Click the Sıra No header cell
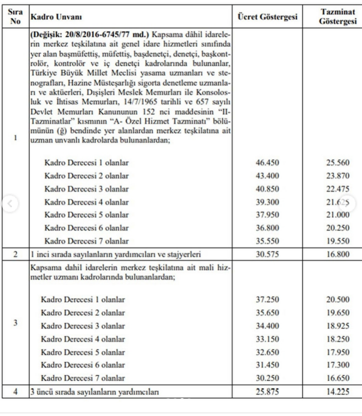14,16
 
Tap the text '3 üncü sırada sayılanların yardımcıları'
94,391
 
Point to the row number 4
14,391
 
